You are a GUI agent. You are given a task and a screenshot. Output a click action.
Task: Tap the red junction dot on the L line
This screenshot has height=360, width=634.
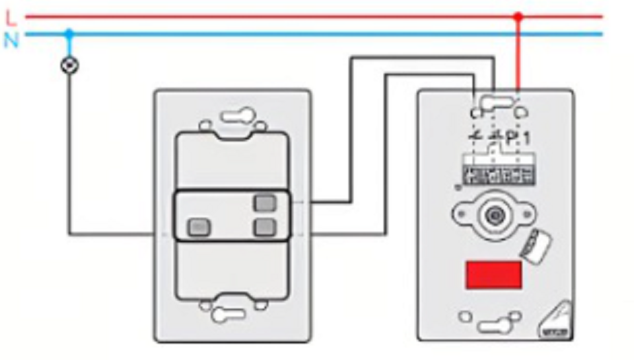(519, 16)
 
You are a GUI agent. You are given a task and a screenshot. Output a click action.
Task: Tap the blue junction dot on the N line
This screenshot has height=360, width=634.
(69, 33)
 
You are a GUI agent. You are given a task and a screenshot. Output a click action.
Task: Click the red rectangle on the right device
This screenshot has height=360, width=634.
(493, 275)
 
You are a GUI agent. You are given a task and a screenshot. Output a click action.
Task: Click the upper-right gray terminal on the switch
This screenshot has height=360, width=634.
(264, 203)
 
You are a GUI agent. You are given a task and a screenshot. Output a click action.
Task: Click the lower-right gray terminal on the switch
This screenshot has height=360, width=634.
(264, 227)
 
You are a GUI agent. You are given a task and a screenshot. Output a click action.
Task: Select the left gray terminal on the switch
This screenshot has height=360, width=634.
(199, 226)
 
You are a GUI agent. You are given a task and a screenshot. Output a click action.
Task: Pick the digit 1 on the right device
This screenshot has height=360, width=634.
(526, 139)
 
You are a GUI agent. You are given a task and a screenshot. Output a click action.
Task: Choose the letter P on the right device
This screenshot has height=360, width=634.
(511, 139)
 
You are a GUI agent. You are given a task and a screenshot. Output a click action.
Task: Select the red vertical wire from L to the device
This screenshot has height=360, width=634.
(519, 55)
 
